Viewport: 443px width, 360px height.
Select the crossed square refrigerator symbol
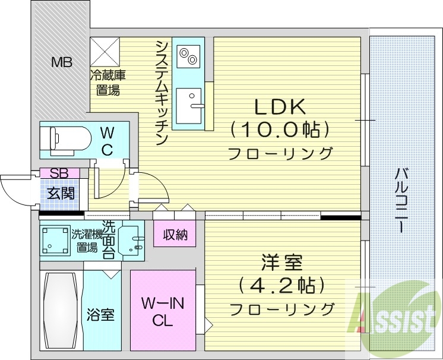(105, 52)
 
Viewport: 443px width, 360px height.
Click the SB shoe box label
(59, 173)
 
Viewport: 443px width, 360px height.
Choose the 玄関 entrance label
(59, 192)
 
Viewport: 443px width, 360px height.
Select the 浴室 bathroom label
(100, 314)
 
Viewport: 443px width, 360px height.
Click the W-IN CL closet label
(163, 312)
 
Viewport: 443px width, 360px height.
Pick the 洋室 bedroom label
(281, 263)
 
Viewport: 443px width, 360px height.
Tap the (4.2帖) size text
(281, 285)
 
